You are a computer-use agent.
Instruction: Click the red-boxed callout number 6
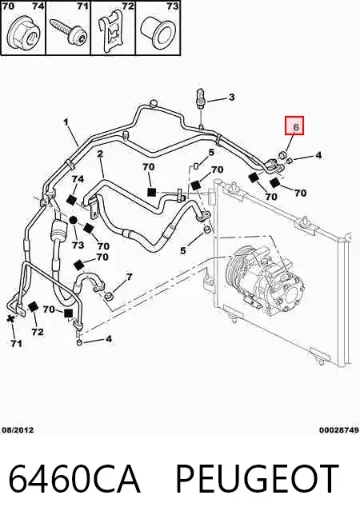[296, 126]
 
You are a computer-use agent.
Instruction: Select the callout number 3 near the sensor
[231, 97]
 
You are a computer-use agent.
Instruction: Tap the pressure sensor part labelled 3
[200, 98]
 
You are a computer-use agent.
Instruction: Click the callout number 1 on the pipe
[66, 122]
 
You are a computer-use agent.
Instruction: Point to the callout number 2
[100, 154]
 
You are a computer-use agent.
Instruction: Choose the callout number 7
[129, 277]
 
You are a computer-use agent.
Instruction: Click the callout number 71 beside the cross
[16, 343]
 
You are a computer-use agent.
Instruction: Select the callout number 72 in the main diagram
[38, 332]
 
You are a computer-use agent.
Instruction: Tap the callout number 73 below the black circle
[78, 246]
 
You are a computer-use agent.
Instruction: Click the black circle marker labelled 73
[74, 220]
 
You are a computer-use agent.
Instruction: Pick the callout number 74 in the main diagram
[78, 179]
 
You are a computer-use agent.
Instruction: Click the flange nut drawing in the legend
[22, 33]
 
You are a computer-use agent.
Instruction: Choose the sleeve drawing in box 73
[157, 31]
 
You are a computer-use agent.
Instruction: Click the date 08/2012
[18, 430]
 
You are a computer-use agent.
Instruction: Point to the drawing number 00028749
[339, 430]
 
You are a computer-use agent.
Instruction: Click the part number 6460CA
[74, 479]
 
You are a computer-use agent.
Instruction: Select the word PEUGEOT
[257, 479]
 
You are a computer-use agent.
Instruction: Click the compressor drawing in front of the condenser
[266, 279]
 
